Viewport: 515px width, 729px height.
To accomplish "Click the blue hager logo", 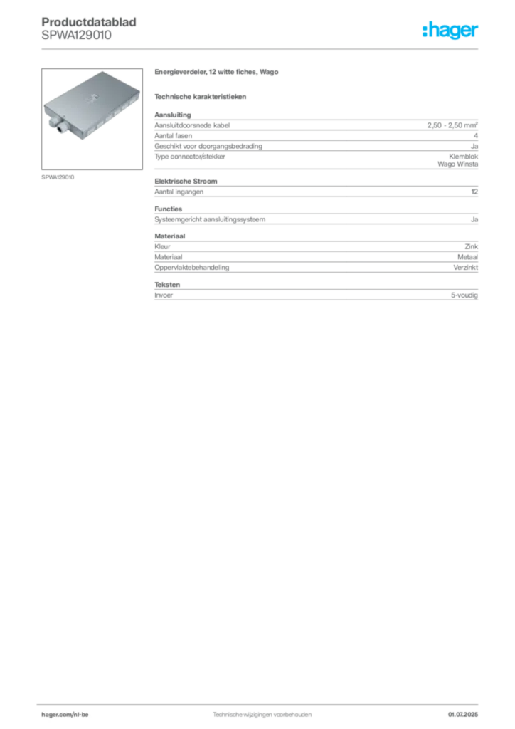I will [x=452, y=30].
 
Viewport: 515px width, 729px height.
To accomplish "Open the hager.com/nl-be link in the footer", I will [x=79, y=714].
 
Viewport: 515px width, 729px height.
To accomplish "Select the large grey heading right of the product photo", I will [x=219, y=73].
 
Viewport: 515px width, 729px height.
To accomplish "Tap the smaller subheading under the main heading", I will [x=202, y=96].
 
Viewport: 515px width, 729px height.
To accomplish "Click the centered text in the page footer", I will [x=262, y=712].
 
